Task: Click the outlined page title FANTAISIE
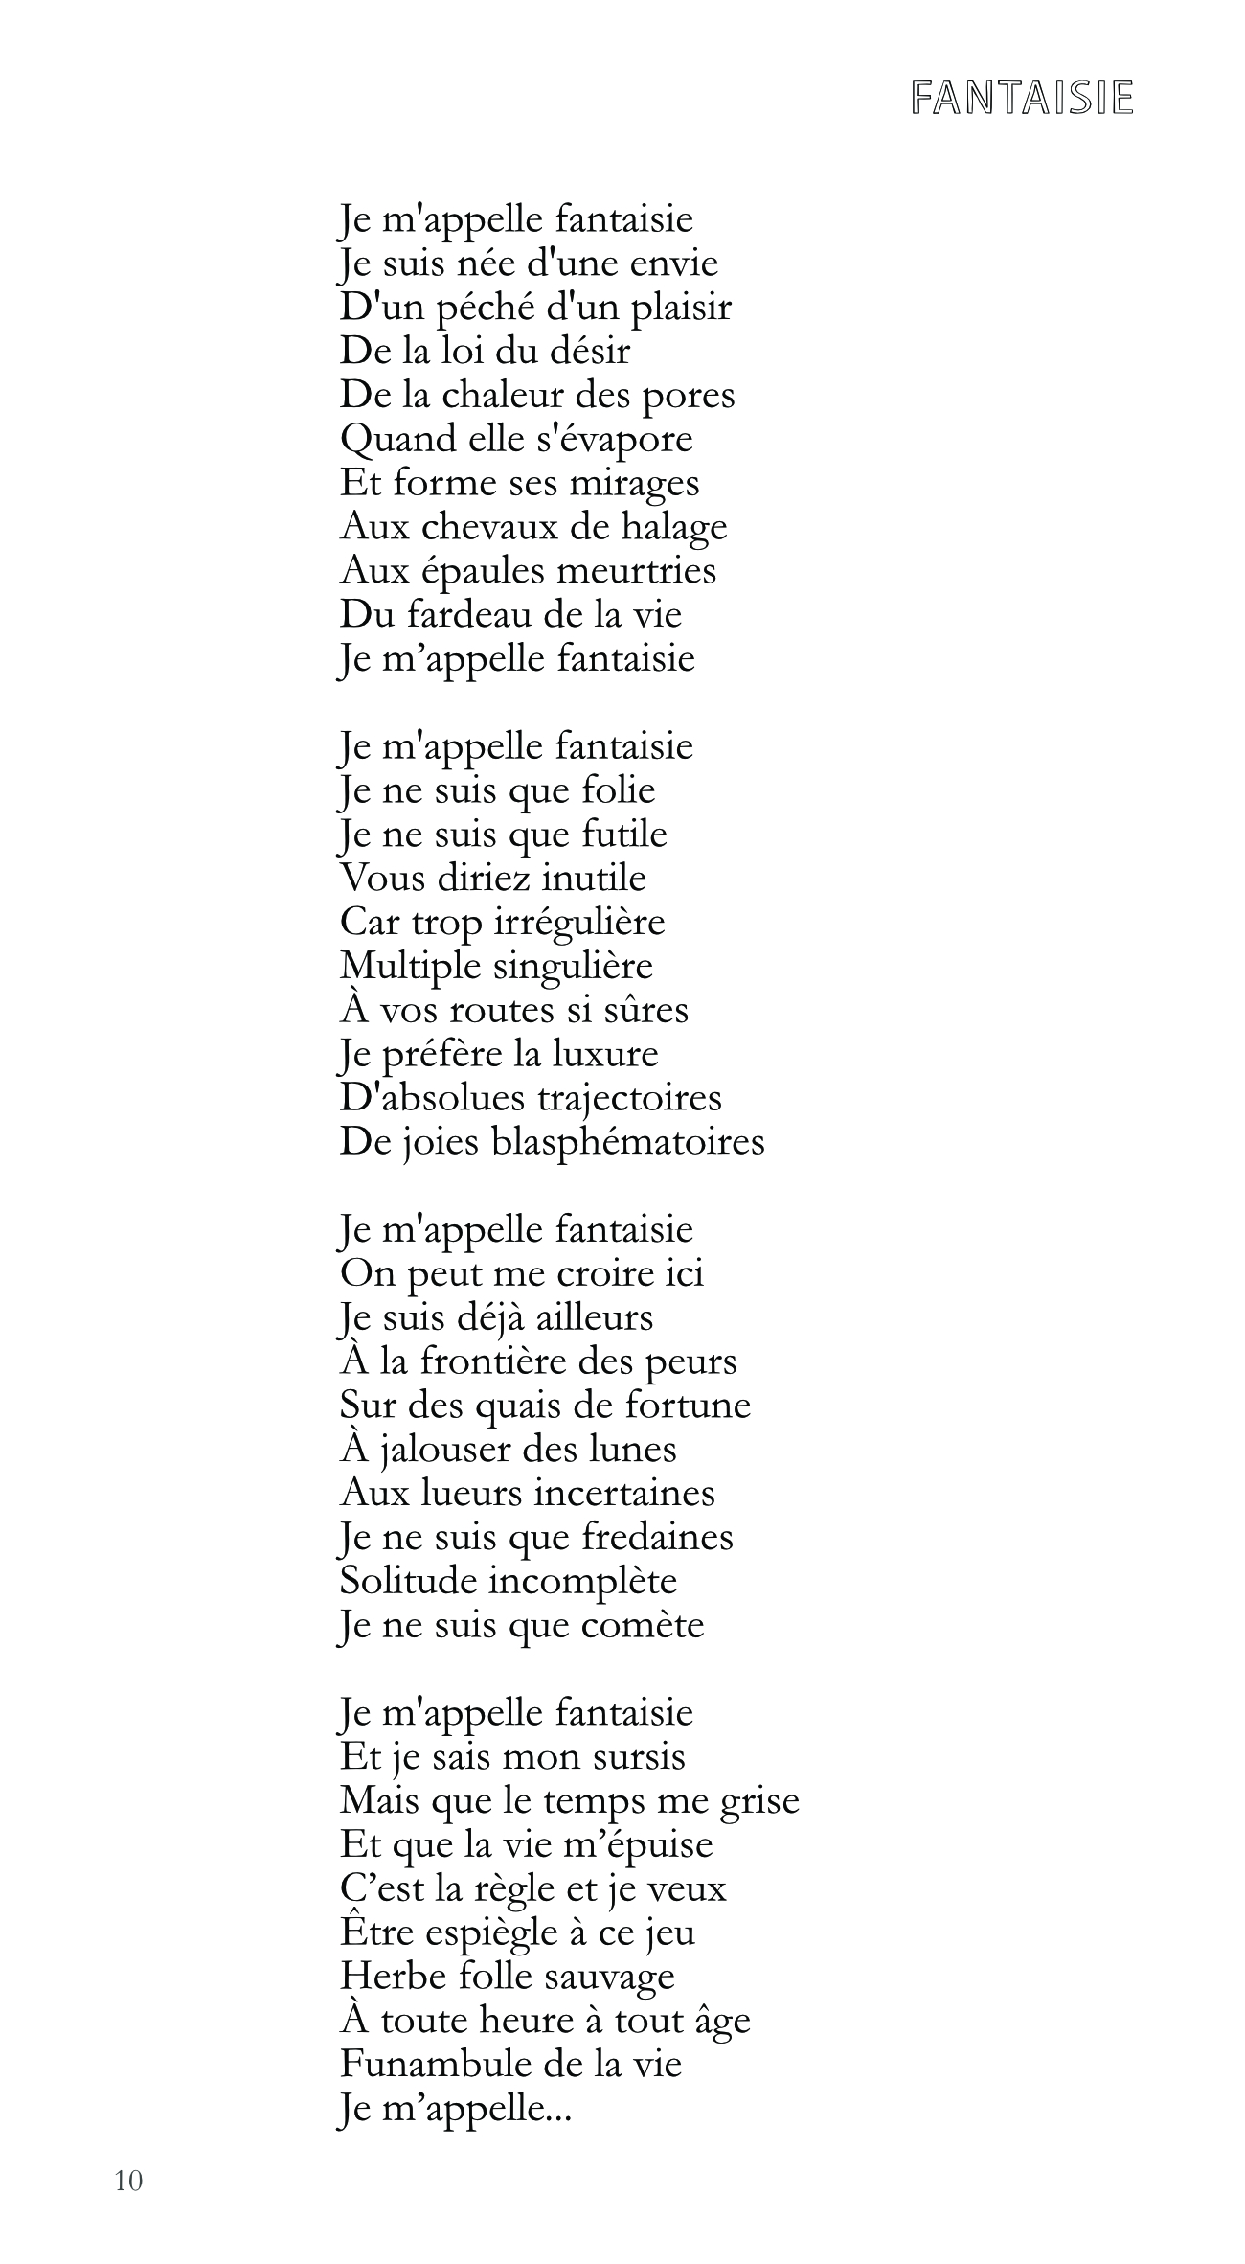(x=1022, y=98)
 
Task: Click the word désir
(x=590, y=351)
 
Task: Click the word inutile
(x=594, y=878)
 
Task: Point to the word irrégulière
(x=580, y=923)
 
